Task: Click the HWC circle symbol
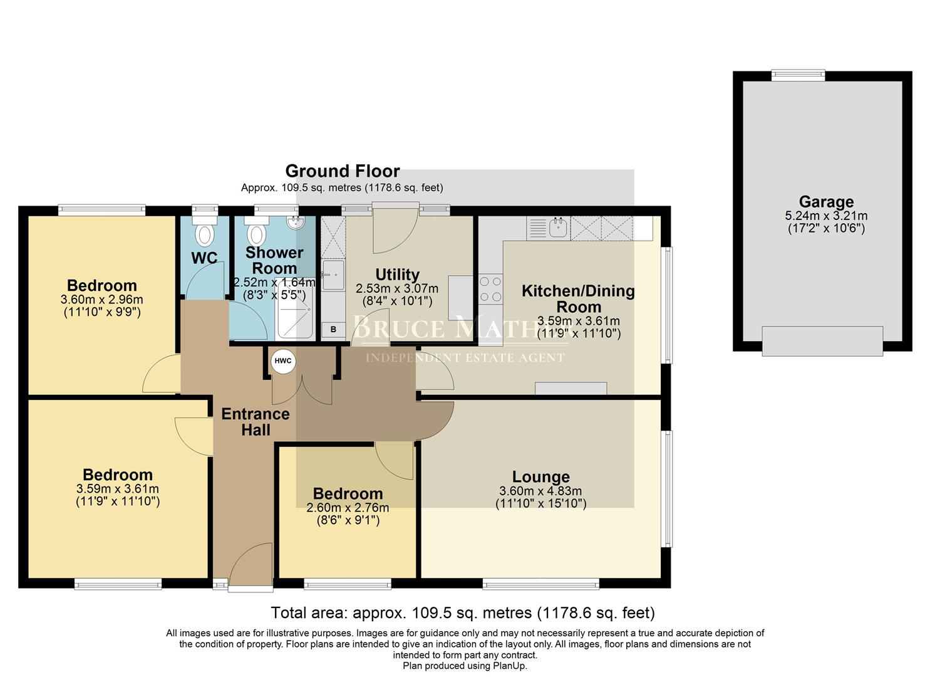[x=283, y=361]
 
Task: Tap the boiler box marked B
[x=333, y=329]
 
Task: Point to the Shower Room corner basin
[x=294, y=223]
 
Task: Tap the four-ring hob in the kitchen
[x=490, y=289]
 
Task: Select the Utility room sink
[x=333, y=275]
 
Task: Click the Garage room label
[x=826, y=202]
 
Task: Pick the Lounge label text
[x=540, y=477]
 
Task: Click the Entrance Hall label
[x=256, y=422]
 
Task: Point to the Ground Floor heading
[x=342, y=171]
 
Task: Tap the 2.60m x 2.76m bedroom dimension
[x=348, y=508]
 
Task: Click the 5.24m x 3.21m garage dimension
[x=826, y=216]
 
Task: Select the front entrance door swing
[x=251, y=567]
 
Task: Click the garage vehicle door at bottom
[x=822, y=341]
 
